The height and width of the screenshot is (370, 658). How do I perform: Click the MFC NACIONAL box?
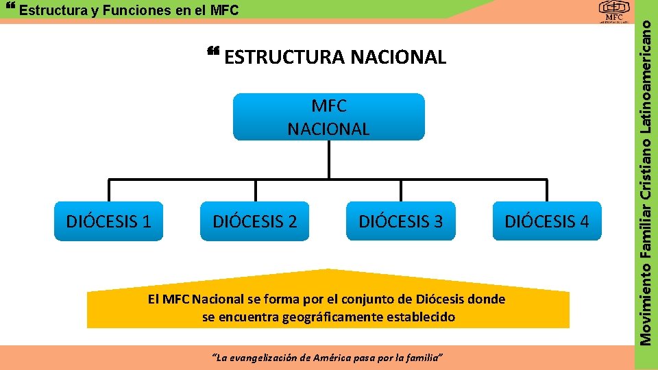(x=328, y=117)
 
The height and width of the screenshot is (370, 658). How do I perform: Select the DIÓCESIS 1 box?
(x=108, y=221)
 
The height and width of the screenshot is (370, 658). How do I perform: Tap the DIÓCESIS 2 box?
(x=255, y=221)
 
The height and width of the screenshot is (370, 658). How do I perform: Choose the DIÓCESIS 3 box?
(x=401, y=221)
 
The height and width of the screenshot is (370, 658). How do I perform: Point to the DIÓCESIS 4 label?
(x=546, y=221)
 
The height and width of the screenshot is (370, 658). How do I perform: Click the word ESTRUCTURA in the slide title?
(x=284, y=58)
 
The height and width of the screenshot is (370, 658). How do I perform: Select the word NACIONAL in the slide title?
(x=398, y=58)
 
